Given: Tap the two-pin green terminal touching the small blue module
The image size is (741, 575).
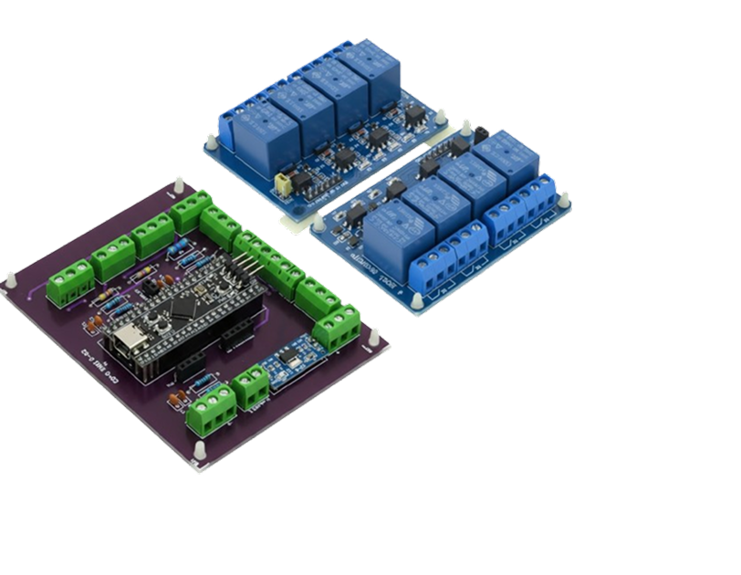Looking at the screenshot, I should (252, 386).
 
